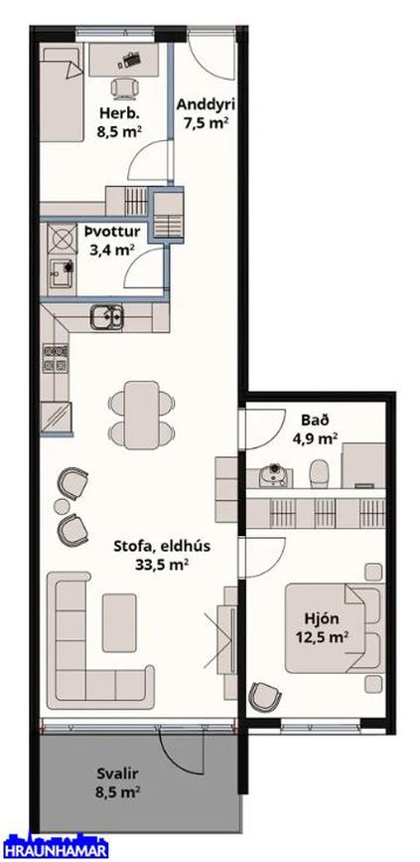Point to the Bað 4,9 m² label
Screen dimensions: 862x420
pyautogui.click(x=315, y=428)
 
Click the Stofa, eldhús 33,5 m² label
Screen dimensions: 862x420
pyautogui.click(x=153, y=554)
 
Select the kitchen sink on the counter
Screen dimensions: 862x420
pyautogui.click(x=106, y=318)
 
